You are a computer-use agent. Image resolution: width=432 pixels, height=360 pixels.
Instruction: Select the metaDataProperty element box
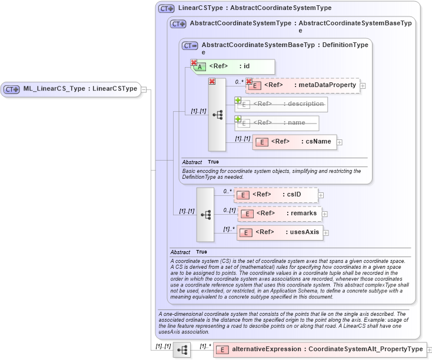tap(304, 85)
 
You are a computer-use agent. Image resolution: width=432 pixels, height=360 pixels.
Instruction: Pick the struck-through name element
tap(277, 123)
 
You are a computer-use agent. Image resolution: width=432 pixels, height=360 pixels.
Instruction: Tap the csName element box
tap(295, 142)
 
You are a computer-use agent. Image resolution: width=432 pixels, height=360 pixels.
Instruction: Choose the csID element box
tap(276, 195)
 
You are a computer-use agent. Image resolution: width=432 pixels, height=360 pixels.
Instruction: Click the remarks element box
tap(279, 214)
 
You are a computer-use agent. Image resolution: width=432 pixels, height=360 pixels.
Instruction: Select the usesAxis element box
tap(280, 232)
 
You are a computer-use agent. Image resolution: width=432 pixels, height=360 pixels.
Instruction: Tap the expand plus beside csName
tap(340, 142)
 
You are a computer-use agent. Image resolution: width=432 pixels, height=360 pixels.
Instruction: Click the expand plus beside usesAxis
tap(326, 232)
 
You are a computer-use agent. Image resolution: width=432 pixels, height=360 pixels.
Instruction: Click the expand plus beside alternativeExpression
tap(429, 350)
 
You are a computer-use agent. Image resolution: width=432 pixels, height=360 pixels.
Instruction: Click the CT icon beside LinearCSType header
tap(167, 9)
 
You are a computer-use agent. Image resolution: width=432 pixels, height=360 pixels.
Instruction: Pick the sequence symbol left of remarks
tap(205, 215)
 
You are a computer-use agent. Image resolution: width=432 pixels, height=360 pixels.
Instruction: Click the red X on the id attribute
tap(194, 62)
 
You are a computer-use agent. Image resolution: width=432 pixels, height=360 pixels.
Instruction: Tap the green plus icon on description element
tap(238, 101)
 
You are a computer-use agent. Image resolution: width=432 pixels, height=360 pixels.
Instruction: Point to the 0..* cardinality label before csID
tap(227, 191)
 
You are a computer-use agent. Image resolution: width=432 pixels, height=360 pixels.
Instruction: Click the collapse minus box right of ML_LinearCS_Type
tap(144, 89)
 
